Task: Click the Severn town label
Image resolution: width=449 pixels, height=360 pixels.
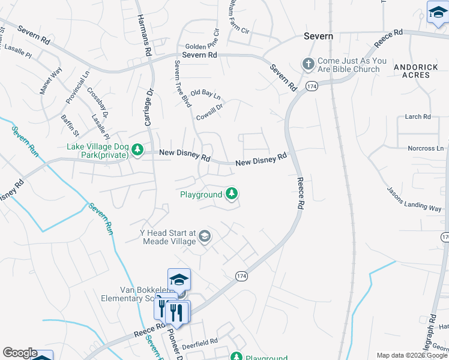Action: (318, 36)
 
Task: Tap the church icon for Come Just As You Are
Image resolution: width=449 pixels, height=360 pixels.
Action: (308, 64)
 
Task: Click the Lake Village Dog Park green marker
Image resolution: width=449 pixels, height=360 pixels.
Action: (137, 149)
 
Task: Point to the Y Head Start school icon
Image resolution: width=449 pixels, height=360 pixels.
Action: (205, 236)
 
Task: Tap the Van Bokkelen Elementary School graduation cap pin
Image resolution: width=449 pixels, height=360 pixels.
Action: (179, 280)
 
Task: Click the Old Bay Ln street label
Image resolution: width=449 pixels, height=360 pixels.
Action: (206, 95)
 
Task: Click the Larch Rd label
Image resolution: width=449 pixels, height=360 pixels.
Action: (418, 116)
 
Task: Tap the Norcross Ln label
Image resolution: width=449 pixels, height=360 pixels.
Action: (426, 148)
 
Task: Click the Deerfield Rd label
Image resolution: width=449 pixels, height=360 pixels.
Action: (199, 340)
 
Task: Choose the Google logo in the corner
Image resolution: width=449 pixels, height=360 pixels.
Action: (20, 353)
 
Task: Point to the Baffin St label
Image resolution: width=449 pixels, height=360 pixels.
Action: (70, 124)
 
